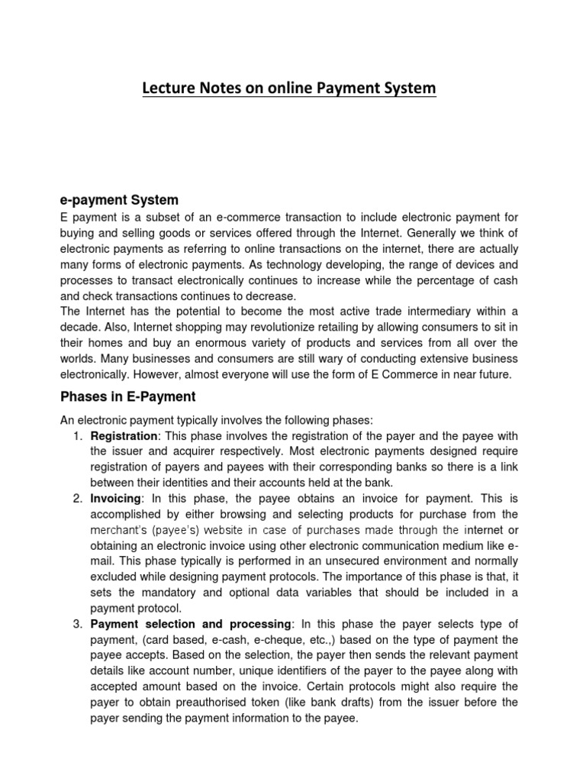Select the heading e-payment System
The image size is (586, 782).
click(x=119, y=200)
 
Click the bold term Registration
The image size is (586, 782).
click(x=122, y=436)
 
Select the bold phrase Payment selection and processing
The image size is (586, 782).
click(x=190, y=624)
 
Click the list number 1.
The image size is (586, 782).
click(x=78, y=436)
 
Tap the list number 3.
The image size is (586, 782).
click(x=78, y=624)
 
